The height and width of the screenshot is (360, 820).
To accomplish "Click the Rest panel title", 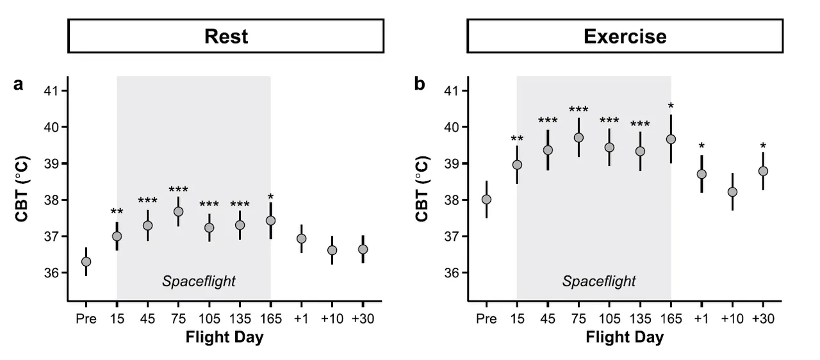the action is (226, 37).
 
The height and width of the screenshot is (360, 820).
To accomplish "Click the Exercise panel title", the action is (625, 37).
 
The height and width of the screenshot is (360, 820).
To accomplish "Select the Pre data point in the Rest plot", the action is (86, 261).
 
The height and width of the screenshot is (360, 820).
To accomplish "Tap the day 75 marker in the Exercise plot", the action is (578, 138).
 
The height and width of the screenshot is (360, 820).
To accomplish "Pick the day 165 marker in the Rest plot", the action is (270, 220).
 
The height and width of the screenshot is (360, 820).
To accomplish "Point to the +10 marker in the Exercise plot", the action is (732, 192).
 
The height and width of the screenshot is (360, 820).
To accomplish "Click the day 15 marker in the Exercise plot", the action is (517, 165).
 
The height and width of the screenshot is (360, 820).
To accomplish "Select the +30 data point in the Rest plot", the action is (363, 249).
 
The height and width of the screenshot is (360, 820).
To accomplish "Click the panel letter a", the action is (19, 85).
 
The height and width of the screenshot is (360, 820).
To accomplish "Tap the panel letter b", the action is (420, 84).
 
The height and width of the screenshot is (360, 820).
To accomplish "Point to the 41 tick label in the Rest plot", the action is (51, 91).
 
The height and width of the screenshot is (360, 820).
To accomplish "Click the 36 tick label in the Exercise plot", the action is (452, 273).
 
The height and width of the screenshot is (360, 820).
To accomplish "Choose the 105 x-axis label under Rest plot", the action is (209, 318).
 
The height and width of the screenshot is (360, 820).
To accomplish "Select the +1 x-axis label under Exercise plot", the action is (701, 318).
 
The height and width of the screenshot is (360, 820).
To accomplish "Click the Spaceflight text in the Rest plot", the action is (199, 281).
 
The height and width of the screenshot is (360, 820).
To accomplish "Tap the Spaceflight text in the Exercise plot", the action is (599, 281).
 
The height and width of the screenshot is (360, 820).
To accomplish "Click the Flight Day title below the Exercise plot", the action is (625, 337).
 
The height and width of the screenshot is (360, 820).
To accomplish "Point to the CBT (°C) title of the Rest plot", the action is (22, 189).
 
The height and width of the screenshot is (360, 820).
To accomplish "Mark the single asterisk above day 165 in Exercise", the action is (671, 106).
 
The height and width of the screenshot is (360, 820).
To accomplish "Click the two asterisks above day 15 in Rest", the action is (117, 212).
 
